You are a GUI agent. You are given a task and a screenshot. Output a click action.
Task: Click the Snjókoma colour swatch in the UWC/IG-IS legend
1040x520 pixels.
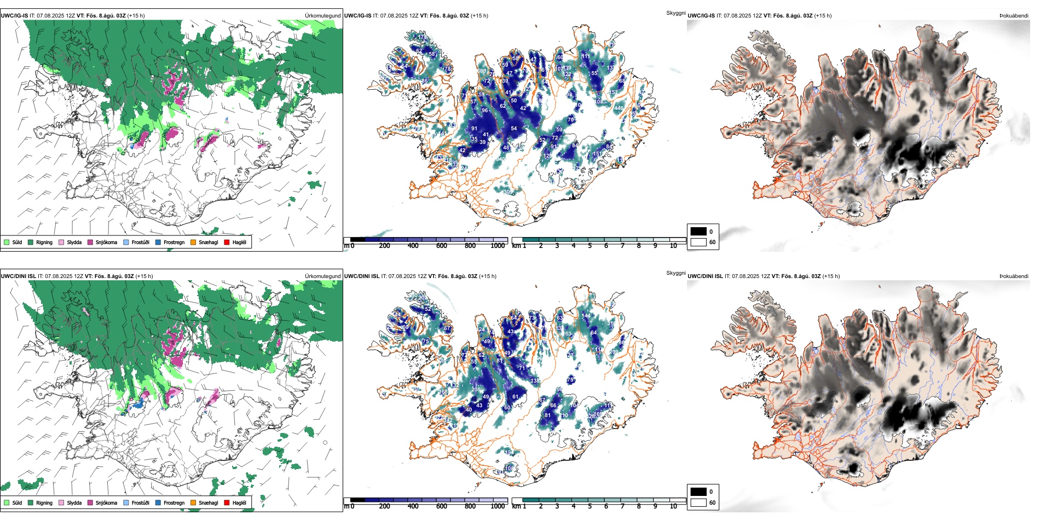[x=90, y=242]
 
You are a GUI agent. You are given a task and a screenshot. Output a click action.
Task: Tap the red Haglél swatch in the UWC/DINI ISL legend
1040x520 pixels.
[x=227, y=502]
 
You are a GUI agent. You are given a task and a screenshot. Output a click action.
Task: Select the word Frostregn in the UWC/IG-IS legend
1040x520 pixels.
[x=174, y=242]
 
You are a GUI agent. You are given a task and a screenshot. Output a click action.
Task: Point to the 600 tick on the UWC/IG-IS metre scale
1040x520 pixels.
[x=442, y=246]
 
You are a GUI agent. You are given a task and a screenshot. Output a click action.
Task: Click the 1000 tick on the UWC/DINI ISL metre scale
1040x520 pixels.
[x=498, y=506]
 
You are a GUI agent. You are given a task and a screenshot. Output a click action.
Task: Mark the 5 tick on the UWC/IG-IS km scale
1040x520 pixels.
[x=590, y=246]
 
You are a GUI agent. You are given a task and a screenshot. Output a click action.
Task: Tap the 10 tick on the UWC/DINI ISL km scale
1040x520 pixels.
[x=673, y=506]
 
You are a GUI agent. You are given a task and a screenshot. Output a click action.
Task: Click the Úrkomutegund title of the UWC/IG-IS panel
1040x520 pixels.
[x=322, y=16]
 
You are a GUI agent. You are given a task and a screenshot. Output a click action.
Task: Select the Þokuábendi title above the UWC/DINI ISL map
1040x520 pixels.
[x=1014, y=276]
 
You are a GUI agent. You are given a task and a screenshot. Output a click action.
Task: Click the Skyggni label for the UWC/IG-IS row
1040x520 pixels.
[x=675, y=13]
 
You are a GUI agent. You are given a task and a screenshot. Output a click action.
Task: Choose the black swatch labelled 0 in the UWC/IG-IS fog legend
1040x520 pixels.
[x=698, y=232]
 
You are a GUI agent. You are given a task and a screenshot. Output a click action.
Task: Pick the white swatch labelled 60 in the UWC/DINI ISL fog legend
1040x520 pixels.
[x=698, y=502]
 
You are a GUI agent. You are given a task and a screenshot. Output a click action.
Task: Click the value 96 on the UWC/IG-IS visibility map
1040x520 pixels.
[x=485, y=111]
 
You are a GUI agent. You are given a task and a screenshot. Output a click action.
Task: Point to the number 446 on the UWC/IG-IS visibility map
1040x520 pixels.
[x=619, y=108]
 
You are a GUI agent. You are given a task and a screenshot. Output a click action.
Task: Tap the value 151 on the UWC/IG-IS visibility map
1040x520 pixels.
[x=597, y=154]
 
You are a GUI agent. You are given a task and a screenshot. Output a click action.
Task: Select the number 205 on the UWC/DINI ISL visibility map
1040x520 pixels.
[x=476, y=389]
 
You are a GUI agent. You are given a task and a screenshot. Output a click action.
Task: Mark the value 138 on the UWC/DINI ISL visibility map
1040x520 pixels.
[x=535, y=381]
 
